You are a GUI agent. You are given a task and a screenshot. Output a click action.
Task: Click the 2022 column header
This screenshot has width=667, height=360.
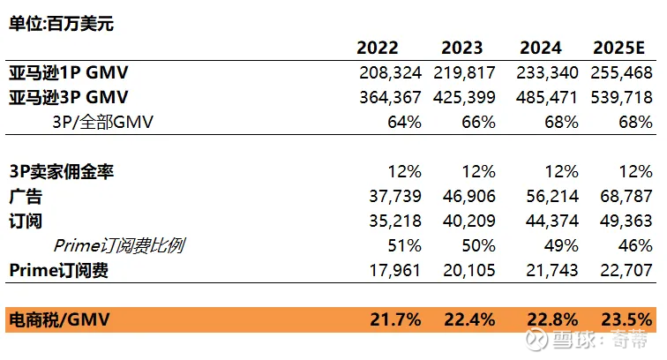378,49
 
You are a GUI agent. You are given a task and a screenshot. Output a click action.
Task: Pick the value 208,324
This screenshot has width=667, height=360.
391,73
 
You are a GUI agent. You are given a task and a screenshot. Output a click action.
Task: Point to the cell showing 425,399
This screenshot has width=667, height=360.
465,97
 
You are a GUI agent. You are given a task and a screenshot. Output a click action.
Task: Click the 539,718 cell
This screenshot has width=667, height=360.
625,97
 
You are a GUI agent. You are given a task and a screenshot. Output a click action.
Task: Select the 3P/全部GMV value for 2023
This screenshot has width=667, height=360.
477,122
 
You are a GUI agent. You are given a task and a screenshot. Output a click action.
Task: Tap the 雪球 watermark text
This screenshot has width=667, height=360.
558,340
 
